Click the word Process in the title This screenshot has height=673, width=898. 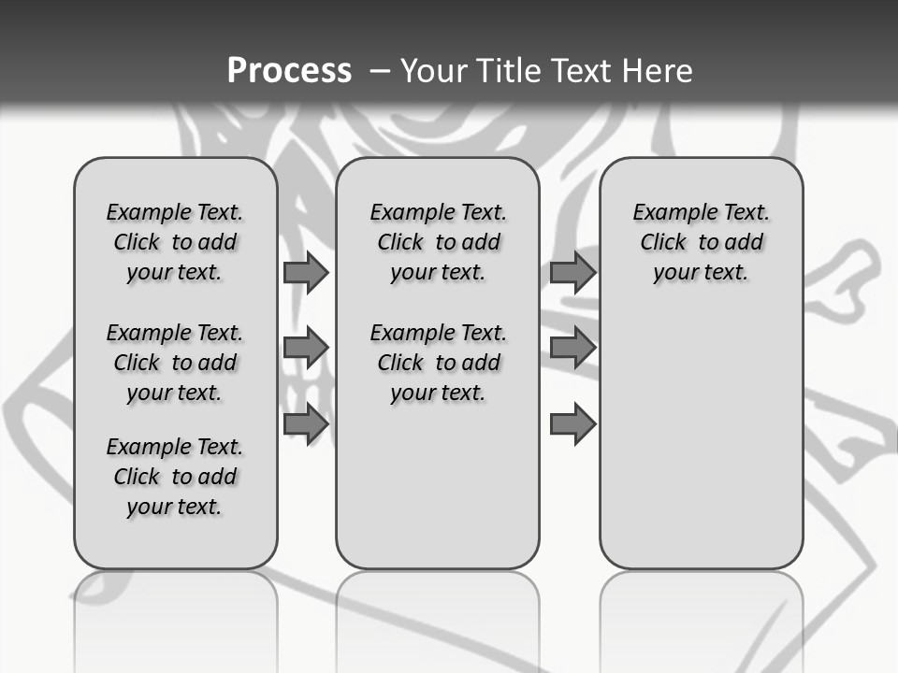(x=289, y=70)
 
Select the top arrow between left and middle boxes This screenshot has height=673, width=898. (x=306, y=272)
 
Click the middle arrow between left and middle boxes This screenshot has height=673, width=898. (x=306, y=348)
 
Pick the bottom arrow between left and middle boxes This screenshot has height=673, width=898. (x=306, y=424)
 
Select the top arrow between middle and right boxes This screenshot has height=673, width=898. (x=572, y=272)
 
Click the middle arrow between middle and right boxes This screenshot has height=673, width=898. (x=572, y=348)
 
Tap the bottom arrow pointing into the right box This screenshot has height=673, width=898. (x=572, y=424)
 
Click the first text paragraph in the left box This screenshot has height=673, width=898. (x=175, y=242)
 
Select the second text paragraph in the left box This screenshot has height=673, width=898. (x=175, y=363)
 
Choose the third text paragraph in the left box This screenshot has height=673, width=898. (x=175, y=477)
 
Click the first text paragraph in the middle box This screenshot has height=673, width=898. (x=438, y=242)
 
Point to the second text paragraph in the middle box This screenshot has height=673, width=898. (x=438, y=363)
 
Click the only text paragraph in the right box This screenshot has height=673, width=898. (x=702, y=242)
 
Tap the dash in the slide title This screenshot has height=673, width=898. (x=380, y=71)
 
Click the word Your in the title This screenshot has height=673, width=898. (x=433, y=71)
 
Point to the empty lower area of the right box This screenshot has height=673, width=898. (x=702, y=449)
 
